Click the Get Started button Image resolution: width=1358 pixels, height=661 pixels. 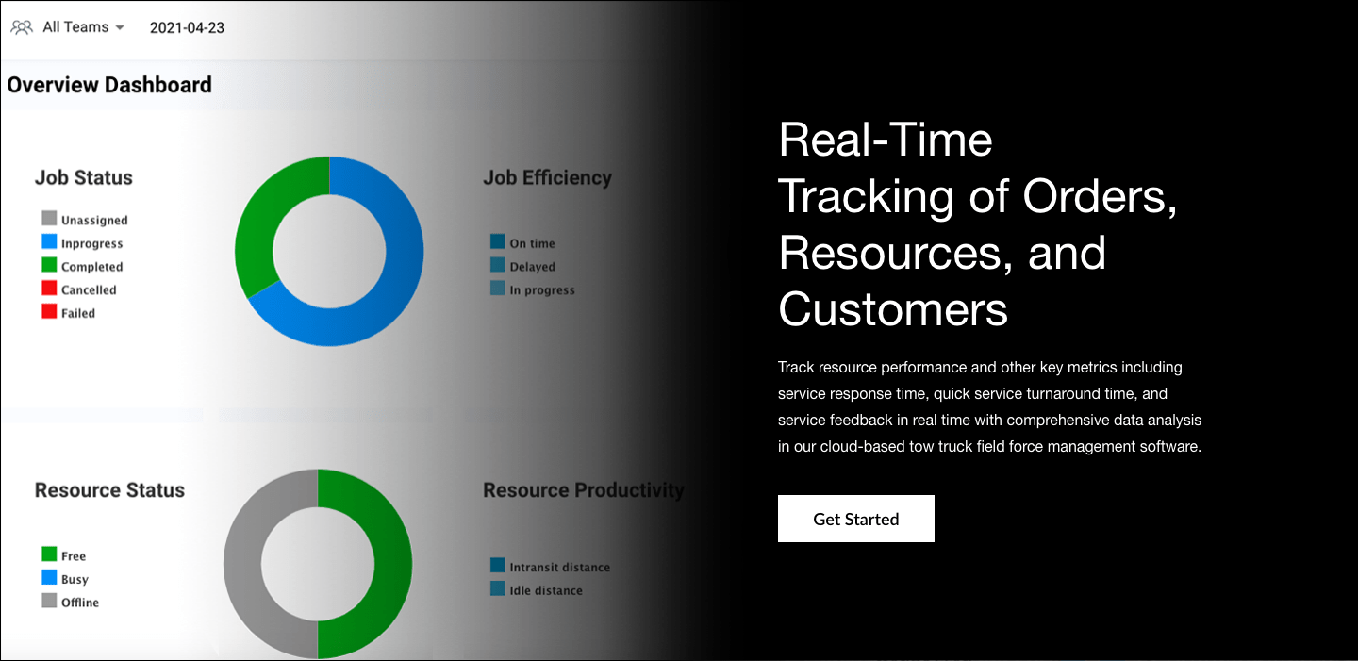pos(855,519)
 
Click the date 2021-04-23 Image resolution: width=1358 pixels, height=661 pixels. pos(187,27)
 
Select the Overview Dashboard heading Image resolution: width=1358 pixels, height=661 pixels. pos(109,85)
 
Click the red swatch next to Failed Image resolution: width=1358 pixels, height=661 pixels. pos(49,311)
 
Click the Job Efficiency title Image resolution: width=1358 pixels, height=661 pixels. pos(547,177)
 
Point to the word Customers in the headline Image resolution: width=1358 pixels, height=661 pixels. pos(893,308)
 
